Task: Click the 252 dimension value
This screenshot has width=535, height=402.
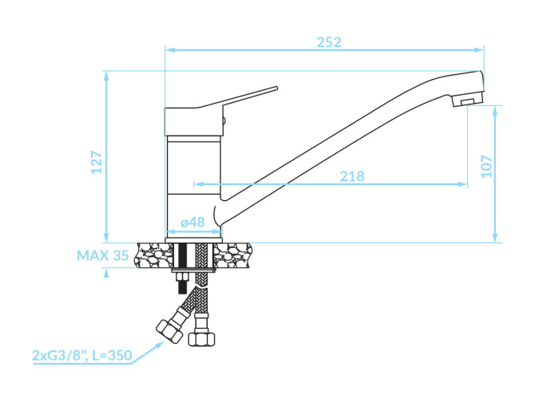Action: pyautogui.click(x=328, y=42)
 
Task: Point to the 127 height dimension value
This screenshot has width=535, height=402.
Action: pyautogui.click(x=97, y=162)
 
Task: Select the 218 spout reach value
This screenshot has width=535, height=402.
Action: pyautogui.click(x=352, y=176)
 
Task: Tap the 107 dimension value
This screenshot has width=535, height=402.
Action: pyautogui.click(x=486, y=166)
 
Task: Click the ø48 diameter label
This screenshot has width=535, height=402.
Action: pyautogui.click(x=192, y=222)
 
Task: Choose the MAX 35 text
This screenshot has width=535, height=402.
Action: pyautogui.click(x=103, y=255)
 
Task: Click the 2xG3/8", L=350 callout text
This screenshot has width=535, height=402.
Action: pyautogui.click(x=82, y=355)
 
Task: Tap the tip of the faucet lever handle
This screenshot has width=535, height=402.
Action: pyautogui.click(x=277, y=89)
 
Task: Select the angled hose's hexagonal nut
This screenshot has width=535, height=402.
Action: pyautogui.click(x=168, y=332)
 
